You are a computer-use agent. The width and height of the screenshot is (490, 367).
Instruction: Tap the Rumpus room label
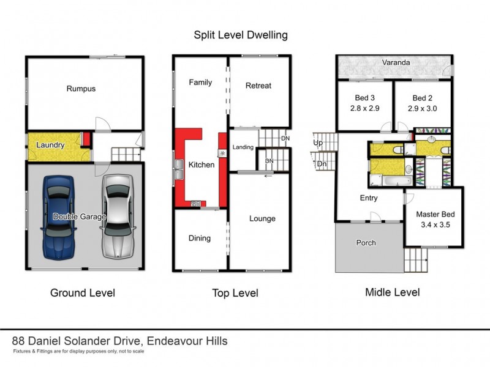(81, 89)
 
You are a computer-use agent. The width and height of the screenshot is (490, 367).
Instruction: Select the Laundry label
(51, 146)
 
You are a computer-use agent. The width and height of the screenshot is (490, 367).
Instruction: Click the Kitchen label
(201, 165)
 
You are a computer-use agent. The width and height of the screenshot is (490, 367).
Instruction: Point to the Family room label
(200, 82)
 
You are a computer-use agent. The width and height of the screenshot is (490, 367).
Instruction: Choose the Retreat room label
(258, 86)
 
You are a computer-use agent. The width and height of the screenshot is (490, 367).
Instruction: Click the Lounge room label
(262, 218)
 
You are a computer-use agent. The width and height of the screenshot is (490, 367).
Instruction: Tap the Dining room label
(199, 238)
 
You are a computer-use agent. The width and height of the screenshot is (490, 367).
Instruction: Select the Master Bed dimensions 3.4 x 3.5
(435, 224)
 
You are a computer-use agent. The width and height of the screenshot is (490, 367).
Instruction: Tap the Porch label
(367, 243)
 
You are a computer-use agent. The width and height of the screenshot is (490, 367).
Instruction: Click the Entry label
(369, 198)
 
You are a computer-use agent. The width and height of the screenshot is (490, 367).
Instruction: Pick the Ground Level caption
(82, 293)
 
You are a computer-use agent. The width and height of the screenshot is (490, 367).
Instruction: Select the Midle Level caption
(392, 292)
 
